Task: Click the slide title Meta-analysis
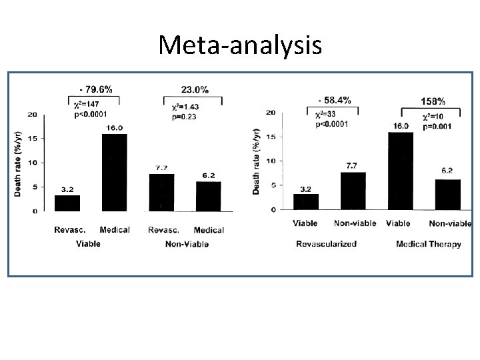click(240, 45)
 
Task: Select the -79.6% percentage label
click(95, 90)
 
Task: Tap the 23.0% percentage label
click(194, 89)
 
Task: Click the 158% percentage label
click(433, 101)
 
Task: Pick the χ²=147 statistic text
click(89, 105)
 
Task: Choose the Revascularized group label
click(326, 244)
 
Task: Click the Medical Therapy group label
click(428, 244)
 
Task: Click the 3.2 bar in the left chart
click(67, 203)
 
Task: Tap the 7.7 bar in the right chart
click(353, 191)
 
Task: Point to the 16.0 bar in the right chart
click(400, 171)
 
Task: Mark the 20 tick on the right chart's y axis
click(271, 113)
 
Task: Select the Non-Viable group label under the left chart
click(187, 244)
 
